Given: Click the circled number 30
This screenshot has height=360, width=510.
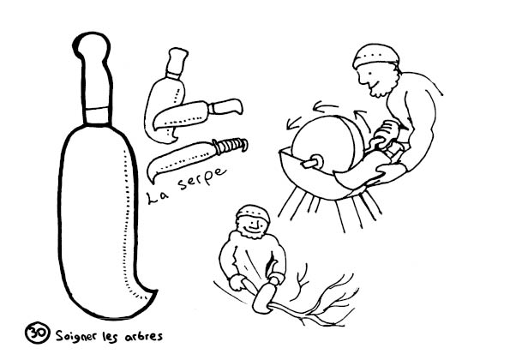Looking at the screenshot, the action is pos(38,333).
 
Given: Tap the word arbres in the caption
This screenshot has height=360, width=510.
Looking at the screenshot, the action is pos(144,336).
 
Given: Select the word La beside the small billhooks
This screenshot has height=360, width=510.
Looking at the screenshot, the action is pos(158,197).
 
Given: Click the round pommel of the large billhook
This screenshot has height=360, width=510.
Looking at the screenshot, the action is pos(92,45).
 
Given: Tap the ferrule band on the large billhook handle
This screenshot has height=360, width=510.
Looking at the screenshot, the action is pos(97,116).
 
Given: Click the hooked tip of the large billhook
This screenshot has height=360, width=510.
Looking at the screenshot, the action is pos(149,294).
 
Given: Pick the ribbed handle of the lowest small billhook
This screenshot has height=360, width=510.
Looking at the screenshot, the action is pos(231,146).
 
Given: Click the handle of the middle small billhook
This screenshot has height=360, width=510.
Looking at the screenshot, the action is pos(226,106).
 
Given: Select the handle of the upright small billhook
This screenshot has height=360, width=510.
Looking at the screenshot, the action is pos(177,63).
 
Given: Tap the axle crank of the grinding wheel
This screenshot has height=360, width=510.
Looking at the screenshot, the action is pos(312,162).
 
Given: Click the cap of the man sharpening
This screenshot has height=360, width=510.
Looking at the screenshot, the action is pos(375,55).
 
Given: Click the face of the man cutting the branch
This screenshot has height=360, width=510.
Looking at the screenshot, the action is pos(253,225).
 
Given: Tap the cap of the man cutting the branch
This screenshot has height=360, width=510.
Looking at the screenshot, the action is pos(253,213).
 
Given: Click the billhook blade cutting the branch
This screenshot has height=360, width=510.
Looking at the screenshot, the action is pos(264,297).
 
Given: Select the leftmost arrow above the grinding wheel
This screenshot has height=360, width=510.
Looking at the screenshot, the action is pos(293,123).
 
